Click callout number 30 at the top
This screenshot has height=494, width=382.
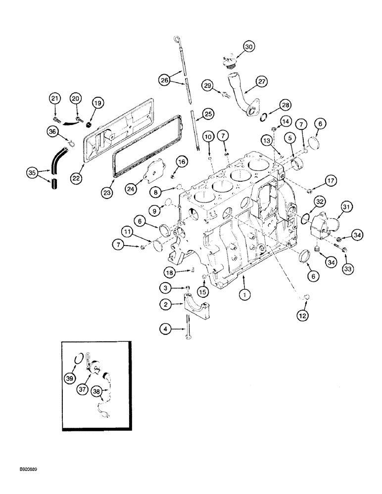[248, 47]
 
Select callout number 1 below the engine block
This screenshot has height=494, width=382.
[243, 294]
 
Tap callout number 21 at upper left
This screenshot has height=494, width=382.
[55, 99]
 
